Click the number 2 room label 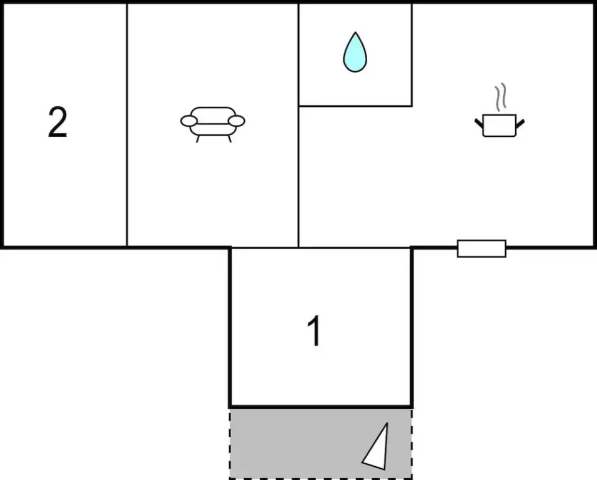(x=58, y=122)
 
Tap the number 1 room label (x=315, y=331)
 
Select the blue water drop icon (x=355, y=52)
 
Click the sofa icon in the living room (x=212, y=124)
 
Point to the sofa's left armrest (x=189, y=121)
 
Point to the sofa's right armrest (x=236, y=121)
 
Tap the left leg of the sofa (x=197, y=139)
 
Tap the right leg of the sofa (x=229, y=139)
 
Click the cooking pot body (x=499, y=126)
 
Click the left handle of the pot (x=478, y=123)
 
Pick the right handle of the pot (x=520, y=123)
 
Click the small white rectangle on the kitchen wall (x=481, y=249)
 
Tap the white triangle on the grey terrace (x=375, y=446)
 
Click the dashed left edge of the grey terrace (x=230, y=443)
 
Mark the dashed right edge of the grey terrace (x=412, y=443)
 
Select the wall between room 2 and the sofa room (x=127, y=124)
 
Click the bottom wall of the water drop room (x=355, y=106)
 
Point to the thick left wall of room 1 (x=230, y=327)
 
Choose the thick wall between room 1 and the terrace (x=321, y=407)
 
